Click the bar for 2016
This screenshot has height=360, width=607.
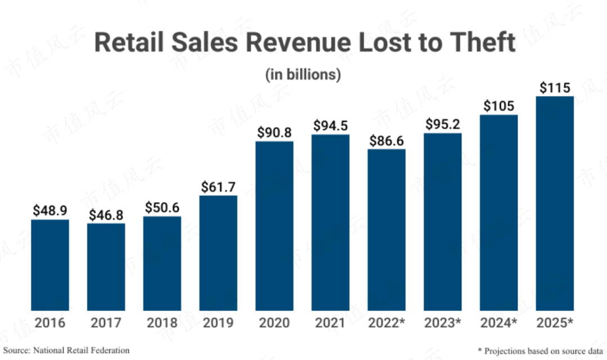pyautogui.click(x=50, y=265)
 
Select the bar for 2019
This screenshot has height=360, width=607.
pyautogui.click(x=218, y=253)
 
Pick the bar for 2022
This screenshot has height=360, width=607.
pyautogui.click(x=387, y=230)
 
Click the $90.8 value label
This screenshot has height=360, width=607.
pyautogui.click(x=274, y=133)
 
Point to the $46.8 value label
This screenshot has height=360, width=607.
pyautogui.click(x=106, y=215)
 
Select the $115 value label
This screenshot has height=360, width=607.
pyautogui.click(x=555, y=88)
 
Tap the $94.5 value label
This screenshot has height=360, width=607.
pyautogui.click(x=330, y=126)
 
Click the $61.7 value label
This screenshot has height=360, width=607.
pyautogui.click(x=218, y=187)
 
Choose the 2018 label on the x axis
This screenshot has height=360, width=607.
pyautogui.click(x=162, y=323)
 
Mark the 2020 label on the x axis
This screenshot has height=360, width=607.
pyautogui.click(x=274, y=323)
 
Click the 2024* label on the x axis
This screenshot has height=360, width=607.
pyautogui.click(x=499, y=323)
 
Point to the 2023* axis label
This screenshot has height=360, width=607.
pyautogui.click(x=442, y=323)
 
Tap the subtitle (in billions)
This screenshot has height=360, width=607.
pyautogui.click(x=303, y=75)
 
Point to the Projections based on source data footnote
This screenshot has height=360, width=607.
pyautogui.click(x=537, y=350)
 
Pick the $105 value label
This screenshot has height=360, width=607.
pyautogui.click(x=499, y=106)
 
